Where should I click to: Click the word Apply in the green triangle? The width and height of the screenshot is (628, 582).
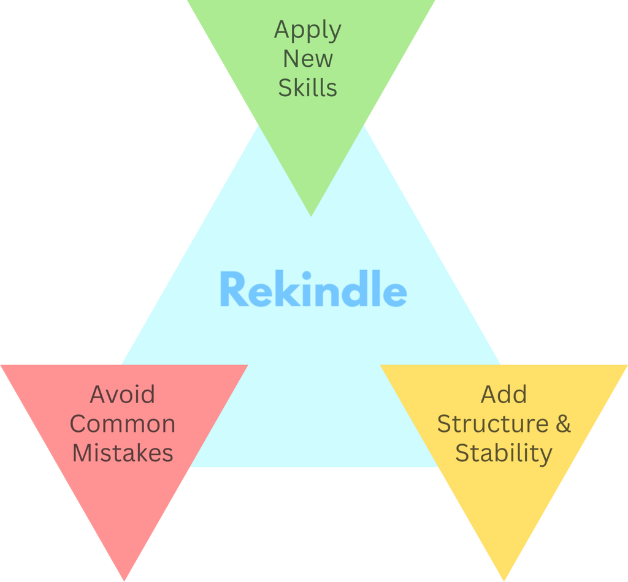tap(308, 31)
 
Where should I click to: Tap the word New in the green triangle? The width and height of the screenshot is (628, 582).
tap(308, 59)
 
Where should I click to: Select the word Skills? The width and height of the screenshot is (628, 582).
tap(308, 88)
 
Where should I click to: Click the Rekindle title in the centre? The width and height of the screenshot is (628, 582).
tap(313, 289)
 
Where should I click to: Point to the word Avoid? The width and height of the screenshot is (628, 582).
tap(122, 395)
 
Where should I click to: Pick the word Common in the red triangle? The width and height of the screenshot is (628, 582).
tap(122, 424)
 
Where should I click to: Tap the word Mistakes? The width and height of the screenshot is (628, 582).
tap(122, 453)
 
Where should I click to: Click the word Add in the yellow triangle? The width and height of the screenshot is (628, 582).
tap(504, 395)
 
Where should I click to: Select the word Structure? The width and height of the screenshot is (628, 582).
tap(492, 424)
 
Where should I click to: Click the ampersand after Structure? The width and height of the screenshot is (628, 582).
tap(563, 424)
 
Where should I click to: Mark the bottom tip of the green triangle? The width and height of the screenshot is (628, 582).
tap(311, 216)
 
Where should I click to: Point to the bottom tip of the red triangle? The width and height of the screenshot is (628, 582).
tap(124, 580)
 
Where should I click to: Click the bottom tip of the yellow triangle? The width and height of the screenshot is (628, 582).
tap(504, 580)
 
